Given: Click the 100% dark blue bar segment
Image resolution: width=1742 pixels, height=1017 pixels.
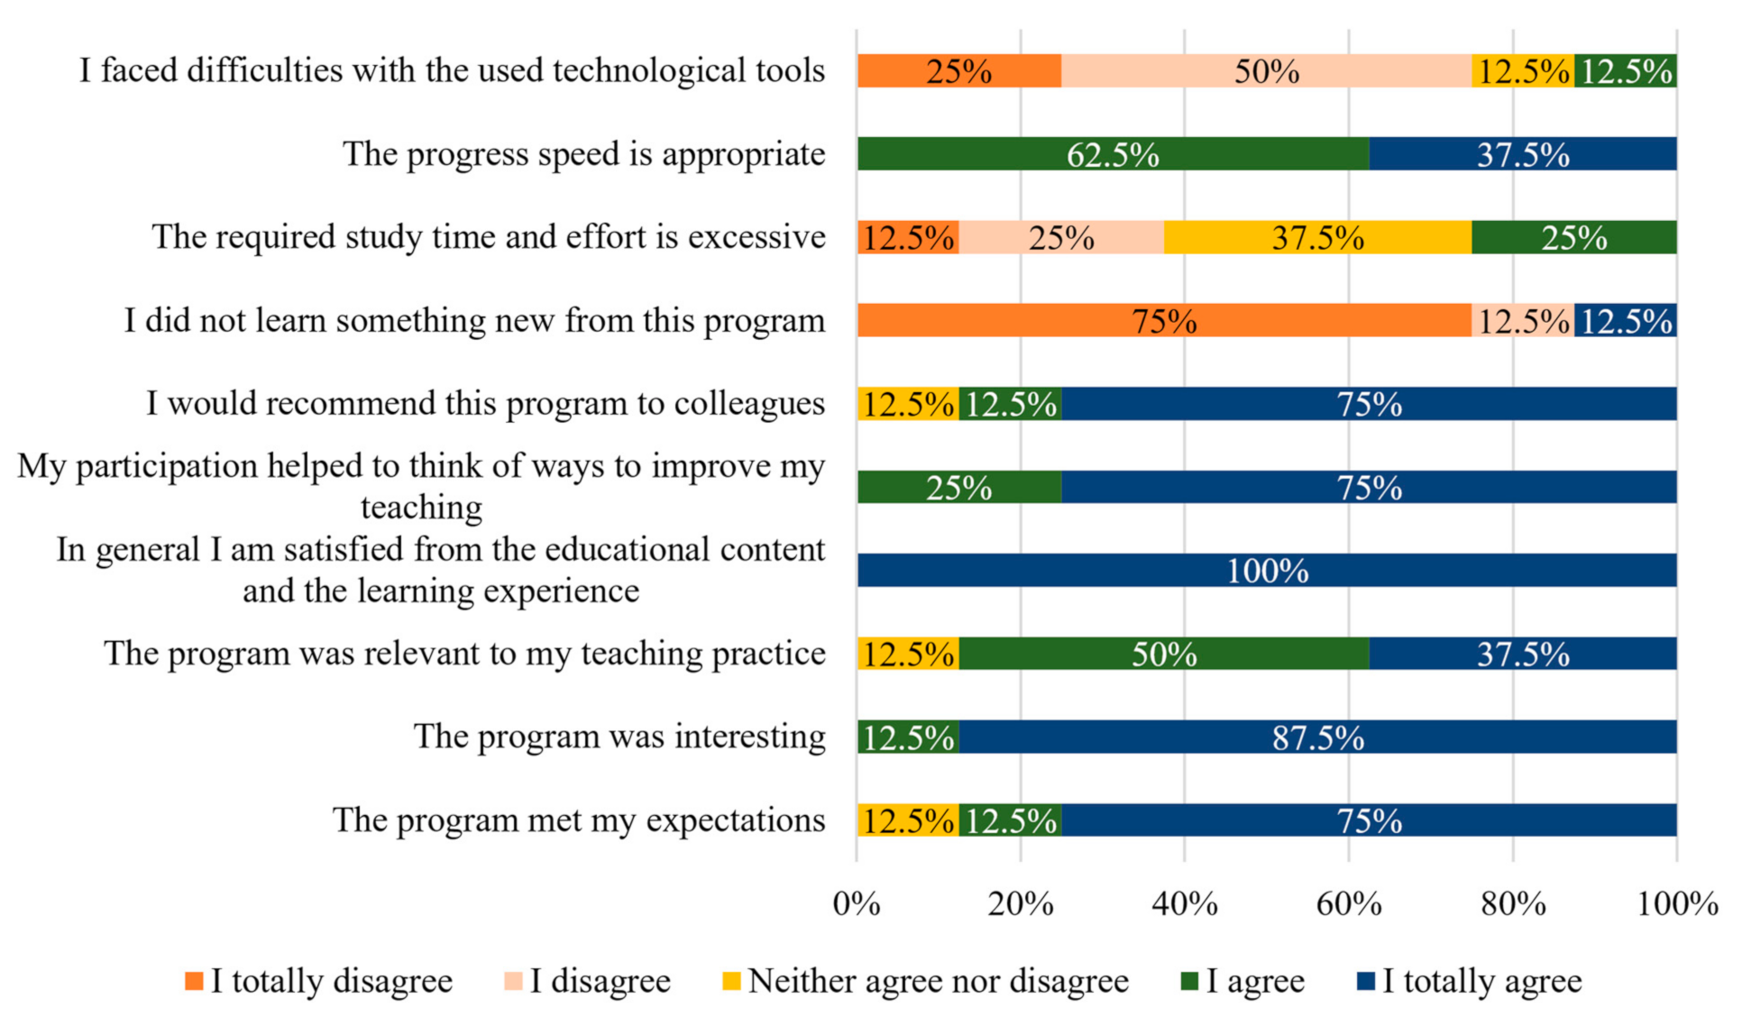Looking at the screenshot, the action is (1267, 570).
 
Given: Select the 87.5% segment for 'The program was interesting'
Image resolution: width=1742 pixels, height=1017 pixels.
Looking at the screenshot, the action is (1318, 737).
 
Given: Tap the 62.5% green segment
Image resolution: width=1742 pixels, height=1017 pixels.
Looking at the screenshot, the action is (1114, 153).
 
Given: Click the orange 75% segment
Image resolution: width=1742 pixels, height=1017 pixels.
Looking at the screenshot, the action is (1164, 320).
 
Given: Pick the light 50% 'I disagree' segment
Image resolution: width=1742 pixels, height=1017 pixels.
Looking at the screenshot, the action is (1267, 70).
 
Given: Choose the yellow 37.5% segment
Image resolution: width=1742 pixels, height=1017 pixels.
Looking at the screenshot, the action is (1318, 237).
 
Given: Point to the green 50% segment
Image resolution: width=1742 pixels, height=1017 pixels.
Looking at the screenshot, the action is (1164, 654).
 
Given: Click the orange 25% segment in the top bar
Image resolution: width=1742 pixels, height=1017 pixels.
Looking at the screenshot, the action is (959, 70).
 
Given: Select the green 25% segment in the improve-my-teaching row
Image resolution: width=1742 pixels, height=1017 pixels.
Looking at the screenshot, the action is (959, 487).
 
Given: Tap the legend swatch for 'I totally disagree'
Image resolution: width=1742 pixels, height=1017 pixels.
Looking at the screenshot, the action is (194, 981).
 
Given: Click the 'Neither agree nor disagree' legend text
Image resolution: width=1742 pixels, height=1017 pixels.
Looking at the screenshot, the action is (939, 981).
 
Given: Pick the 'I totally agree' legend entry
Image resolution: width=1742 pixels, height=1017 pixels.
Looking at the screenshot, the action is (1470, 981).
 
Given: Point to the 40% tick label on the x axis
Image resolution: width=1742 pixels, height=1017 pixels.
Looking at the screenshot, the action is (1185, 903).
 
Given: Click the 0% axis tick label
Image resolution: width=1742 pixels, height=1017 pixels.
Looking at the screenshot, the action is (857, 903).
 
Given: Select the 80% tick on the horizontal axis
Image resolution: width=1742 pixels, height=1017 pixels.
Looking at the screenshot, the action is (1513, 903).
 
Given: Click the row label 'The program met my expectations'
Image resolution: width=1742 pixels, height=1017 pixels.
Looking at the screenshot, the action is (579, 820).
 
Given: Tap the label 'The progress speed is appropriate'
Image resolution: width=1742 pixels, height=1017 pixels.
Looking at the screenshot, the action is (584, 154).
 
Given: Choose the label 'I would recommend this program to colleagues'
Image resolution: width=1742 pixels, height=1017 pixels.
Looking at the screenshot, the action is (486, 404).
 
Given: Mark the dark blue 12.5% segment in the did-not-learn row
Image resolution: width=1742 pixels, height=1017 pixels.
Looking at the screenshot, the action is (1626, 320).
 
